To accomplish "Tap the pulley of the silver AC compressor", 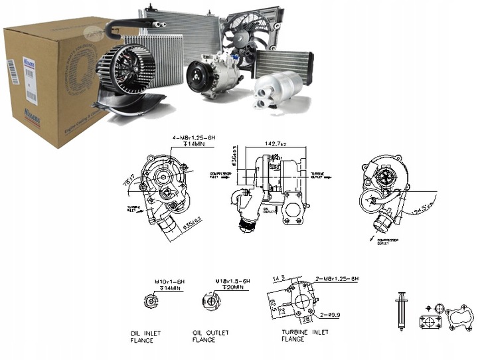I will pyautogui.click(x=197, y=76).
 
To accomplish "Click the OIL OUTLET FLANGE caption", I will pyautogui.click(x=210, y=336).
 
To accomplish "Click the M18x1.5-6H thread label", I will pyautogui.click(x=232, y=281).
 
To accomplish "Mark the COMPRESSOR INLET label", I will pyautogui.click(x=220, y=175).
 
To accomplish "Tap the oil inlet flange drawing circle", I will pyautogui.click(x=152, y=302).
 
